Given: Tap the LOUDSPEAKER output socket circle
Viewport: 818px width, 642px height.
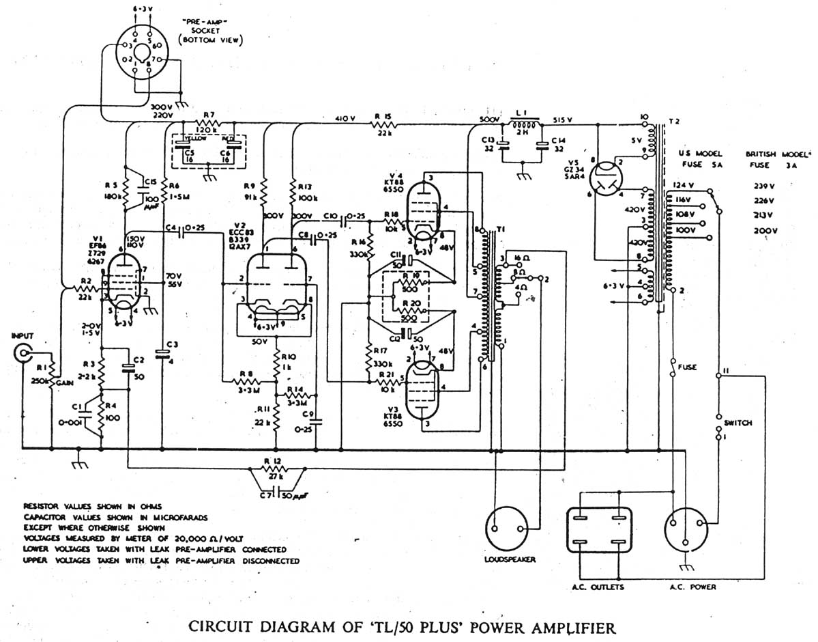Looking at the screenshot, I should coord(508,528).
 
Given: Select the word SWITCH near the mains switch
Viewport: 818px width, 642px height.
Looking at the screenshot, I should coord(738,423).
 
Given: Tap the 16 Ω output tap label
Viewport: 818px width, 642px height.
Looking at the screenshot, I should coord(520,257).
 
